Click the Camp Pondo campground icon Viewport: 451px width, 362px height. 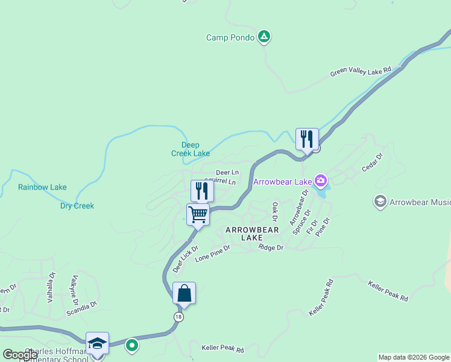[263, 37]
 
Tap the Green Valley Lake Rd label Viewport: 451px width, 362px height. [361, 73]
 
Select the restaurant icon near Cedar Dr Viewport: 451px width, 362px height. [307, 139]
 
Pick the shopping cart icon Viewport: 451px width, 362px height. [198, 214]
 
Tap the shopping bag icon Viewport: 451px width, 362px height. [184, 294]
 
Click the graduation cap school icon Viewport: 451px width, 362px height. [97, 343]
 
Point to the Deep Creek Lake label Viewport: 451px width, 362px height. [191, 149]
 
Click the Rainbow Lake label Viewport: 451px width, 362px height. [42, 187]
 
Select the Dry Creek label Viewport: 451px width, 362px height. [77, 206]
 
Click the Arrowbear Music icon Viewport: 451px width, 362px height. [380, 202]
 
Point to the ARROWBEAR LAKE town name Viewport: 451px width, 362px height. [252, 233]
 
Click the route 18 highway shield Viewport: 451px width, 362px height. [178, 317]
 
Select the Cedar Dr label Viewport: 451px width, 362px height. [372, 164]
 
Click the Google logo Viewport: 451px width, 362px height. [20, 355]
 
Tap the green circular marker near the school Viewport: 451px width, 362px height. [132, 346]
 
